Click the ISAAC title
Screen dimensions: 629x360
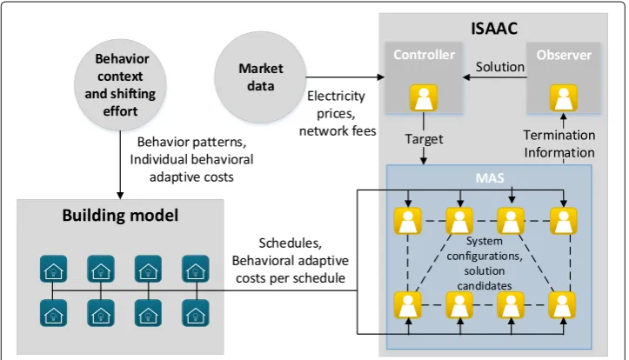494,29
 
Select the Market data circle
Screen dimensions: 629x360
260,77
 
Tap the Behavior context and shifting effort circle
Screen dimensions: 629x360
120,84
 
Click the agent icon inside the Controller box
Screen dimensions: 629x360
423,97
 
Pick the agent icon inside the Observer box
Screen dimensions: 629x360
563,97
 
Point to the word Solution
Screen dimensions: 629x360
500,67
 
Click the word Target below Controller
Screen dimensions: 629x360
424,139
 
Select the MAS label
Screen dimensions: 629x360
490,177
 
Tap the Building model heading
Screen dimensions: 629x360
120,216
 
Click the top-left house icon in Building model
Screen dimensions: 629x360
53,269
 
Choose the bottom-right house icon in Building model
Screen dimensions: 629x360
196,313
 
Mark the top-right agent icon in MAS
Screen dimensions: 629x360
563,221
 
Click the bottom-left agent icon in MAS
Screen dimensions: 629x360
407,305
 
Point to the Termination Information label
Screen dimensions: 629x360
559,144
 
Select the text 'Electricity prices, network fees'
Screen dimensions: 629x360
338,113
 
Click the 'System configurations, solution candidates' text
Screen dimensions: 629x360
485,263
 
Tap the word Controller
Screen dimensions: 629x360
424,55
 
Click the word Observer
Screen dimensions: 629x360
564,55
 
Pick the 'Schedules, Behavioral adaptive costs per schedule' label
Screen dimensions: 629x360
290,261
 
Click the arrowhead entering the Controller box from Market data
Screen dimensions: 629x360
381,77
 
